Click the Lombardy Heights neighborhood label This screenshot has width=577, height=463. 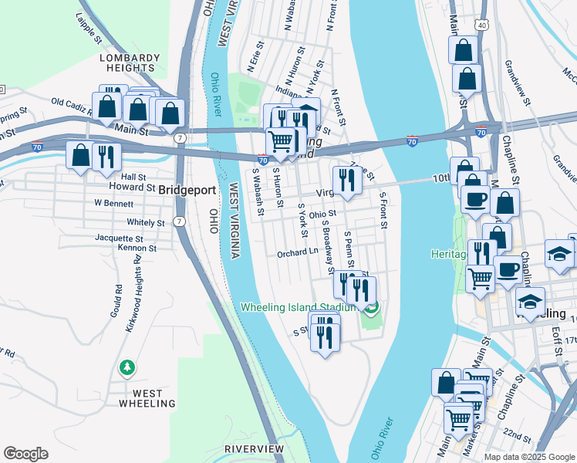(130, 63)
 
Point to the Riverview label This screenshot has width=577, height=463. (254, 448)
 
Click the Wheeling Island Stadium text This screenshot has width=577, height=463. (301, 306)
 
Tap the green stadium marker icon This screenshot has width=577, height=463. (372, 309)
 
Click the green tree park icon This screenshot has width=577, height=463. (127, 369)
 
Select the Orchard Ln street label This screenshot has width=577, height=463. (298, 252)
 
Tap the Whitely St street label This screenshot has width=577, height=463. (146, 222)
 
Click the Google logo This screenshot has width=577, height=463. (25, 454)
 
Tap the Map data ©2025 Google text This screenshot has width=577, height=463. (529, 457)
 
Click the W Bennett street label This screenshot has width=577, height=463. (114, 204)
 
